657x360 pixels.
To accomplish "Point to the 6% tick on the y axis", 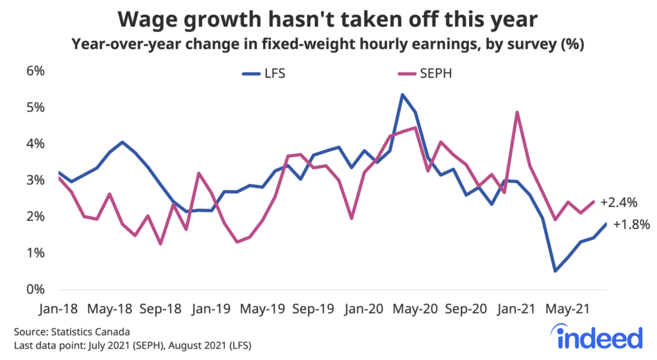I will click(35, 71).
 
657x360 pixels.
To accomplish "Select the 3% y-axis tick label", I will click(35, 180).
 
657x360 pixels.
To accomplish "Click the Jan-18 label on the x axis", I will click(58, 309).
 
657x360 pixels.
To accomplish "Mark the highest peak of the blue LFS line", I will click(402, 95).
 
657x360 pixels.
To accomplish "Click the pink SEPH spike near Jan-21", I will click(517, 112).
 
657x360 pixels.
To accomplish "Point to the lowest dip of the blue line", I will click(555, 271).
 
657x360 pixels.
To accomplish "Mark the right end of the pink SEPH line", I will click(593, 201).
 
